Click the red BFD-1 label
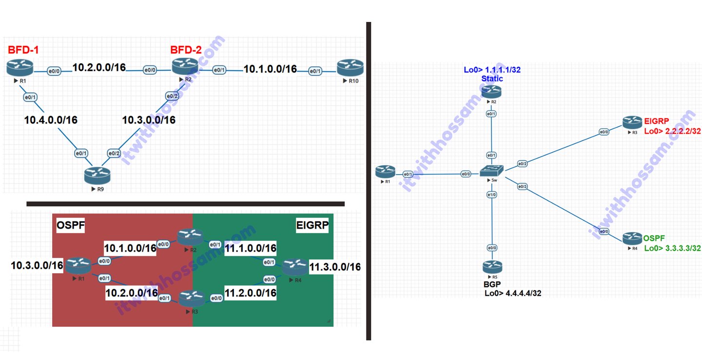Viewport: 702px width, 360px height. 23,50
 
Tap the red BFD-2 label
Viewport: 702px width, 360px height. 186,50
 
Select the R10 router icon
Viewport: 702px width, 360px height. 350,68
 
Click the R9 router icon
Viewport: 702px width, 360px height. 97,176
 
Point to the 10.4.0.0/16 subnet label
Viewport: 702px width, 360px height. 51,120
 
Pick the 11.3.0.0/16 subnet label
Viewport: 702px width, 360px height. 335,267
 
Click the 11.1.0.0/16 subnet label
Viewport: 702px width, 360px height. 251,248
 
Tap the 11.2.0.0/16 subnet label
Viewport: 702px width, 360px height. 251,293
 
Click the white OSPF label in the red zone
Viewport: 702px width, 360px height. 71,225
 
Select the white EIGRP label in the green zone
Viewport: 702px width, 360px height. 312,225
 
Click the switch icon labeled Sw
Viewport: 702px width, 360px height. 491,171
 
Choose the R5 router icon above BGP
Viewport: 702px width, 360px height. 492,267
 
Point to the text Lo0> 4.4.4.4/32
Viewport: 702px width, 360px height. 513,293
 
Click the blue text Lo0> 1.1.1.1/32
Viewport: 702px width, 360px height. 492,70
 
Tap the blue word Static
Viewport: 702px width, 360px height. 492,79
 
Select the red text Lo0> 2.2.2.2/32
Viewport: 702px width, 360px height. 672,131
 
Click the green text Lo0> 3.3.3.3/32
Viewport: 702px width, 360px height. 672,248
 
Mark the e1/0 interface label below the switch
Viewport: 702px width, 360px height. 492,195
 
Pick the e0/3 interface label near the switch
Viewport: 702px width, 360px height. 522,186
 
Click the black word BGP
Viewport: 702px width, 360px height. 492,284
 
